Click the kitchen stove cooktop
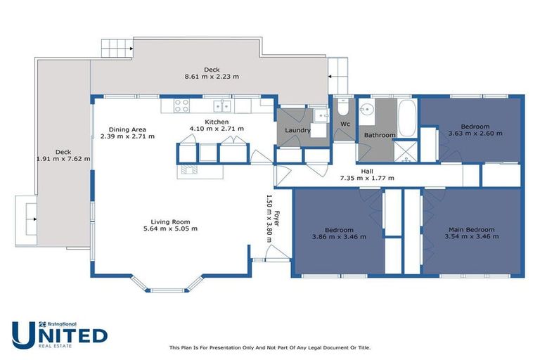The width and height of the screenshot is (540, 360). (181, 106)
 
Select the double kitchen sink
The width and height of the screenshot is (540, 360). (223, 106)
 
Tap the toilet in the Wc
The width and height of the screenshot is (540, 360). (342, 108)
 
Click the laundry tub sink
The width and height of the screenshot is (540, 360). (320, 116)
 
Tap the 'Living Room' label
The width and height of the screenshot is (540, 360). (170, 221)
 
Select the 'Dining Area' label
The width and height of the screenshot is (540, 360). (127, 129)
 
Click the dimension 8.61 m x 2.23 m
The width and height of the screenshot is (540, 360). (212, 77)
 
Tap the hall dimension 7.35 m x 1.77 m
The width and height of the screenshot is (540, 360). (367, 178)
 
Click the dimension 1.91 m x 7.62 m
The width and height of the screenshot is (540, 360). (63, 159)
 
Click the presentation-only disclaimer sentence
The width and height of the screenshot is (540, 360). (270, 347)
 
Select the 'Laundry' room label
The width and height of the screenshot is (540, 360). (297, 130)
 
